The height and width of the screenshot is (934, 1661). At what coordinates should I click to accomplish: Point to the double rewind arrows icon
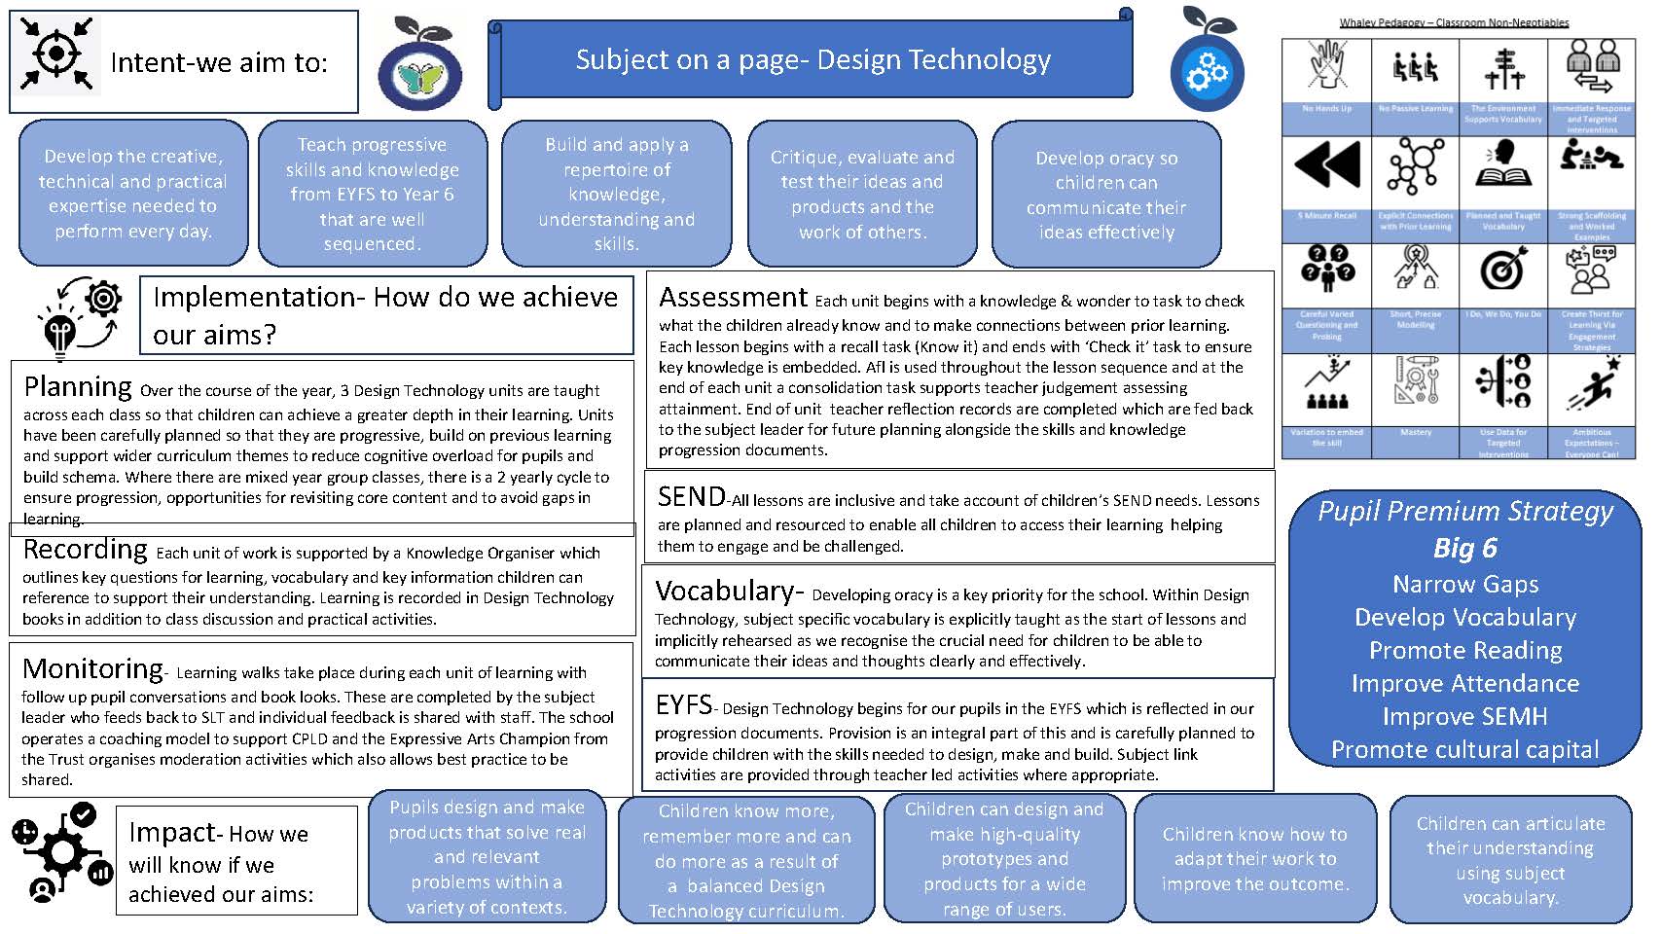(x=1326, y=162)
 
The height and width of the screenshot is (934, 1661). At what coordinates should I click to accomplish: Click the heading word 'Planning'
(x=78, y=387)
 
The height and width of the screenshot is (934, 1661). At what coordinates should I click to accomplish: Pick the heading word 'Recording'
(x=86, y=550)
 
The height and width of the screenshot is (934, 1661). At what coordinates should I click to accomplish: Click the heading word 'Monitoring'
(x=93, y=669)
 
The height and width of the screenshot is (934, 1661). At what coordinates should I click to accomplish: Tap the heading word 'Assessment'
(x=733, y=297)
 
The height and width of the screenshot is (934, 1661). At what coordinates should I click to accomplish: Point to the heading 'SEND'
(x=691, y=497)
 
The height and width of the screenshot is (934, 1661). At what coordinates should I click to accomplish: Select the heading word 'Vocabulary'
(x=726, y=592)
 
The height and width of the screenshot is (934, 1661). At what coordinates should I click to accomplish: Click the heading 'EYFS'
(x=684, y=704)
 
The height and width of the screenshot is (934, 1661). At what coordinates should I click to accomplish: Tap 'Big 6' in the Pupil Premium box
(x=1464, y=548)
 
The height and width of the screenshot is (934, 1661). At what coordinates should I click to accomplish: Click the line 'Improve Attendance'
(x=1464, y=684)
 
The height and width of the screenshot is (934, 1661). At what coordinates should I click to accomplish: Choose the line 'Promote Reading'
(x=1464, y=650)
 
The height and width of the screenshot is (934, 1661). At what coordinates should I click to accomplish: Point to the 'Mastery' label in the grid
(x=1416, y=432)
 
